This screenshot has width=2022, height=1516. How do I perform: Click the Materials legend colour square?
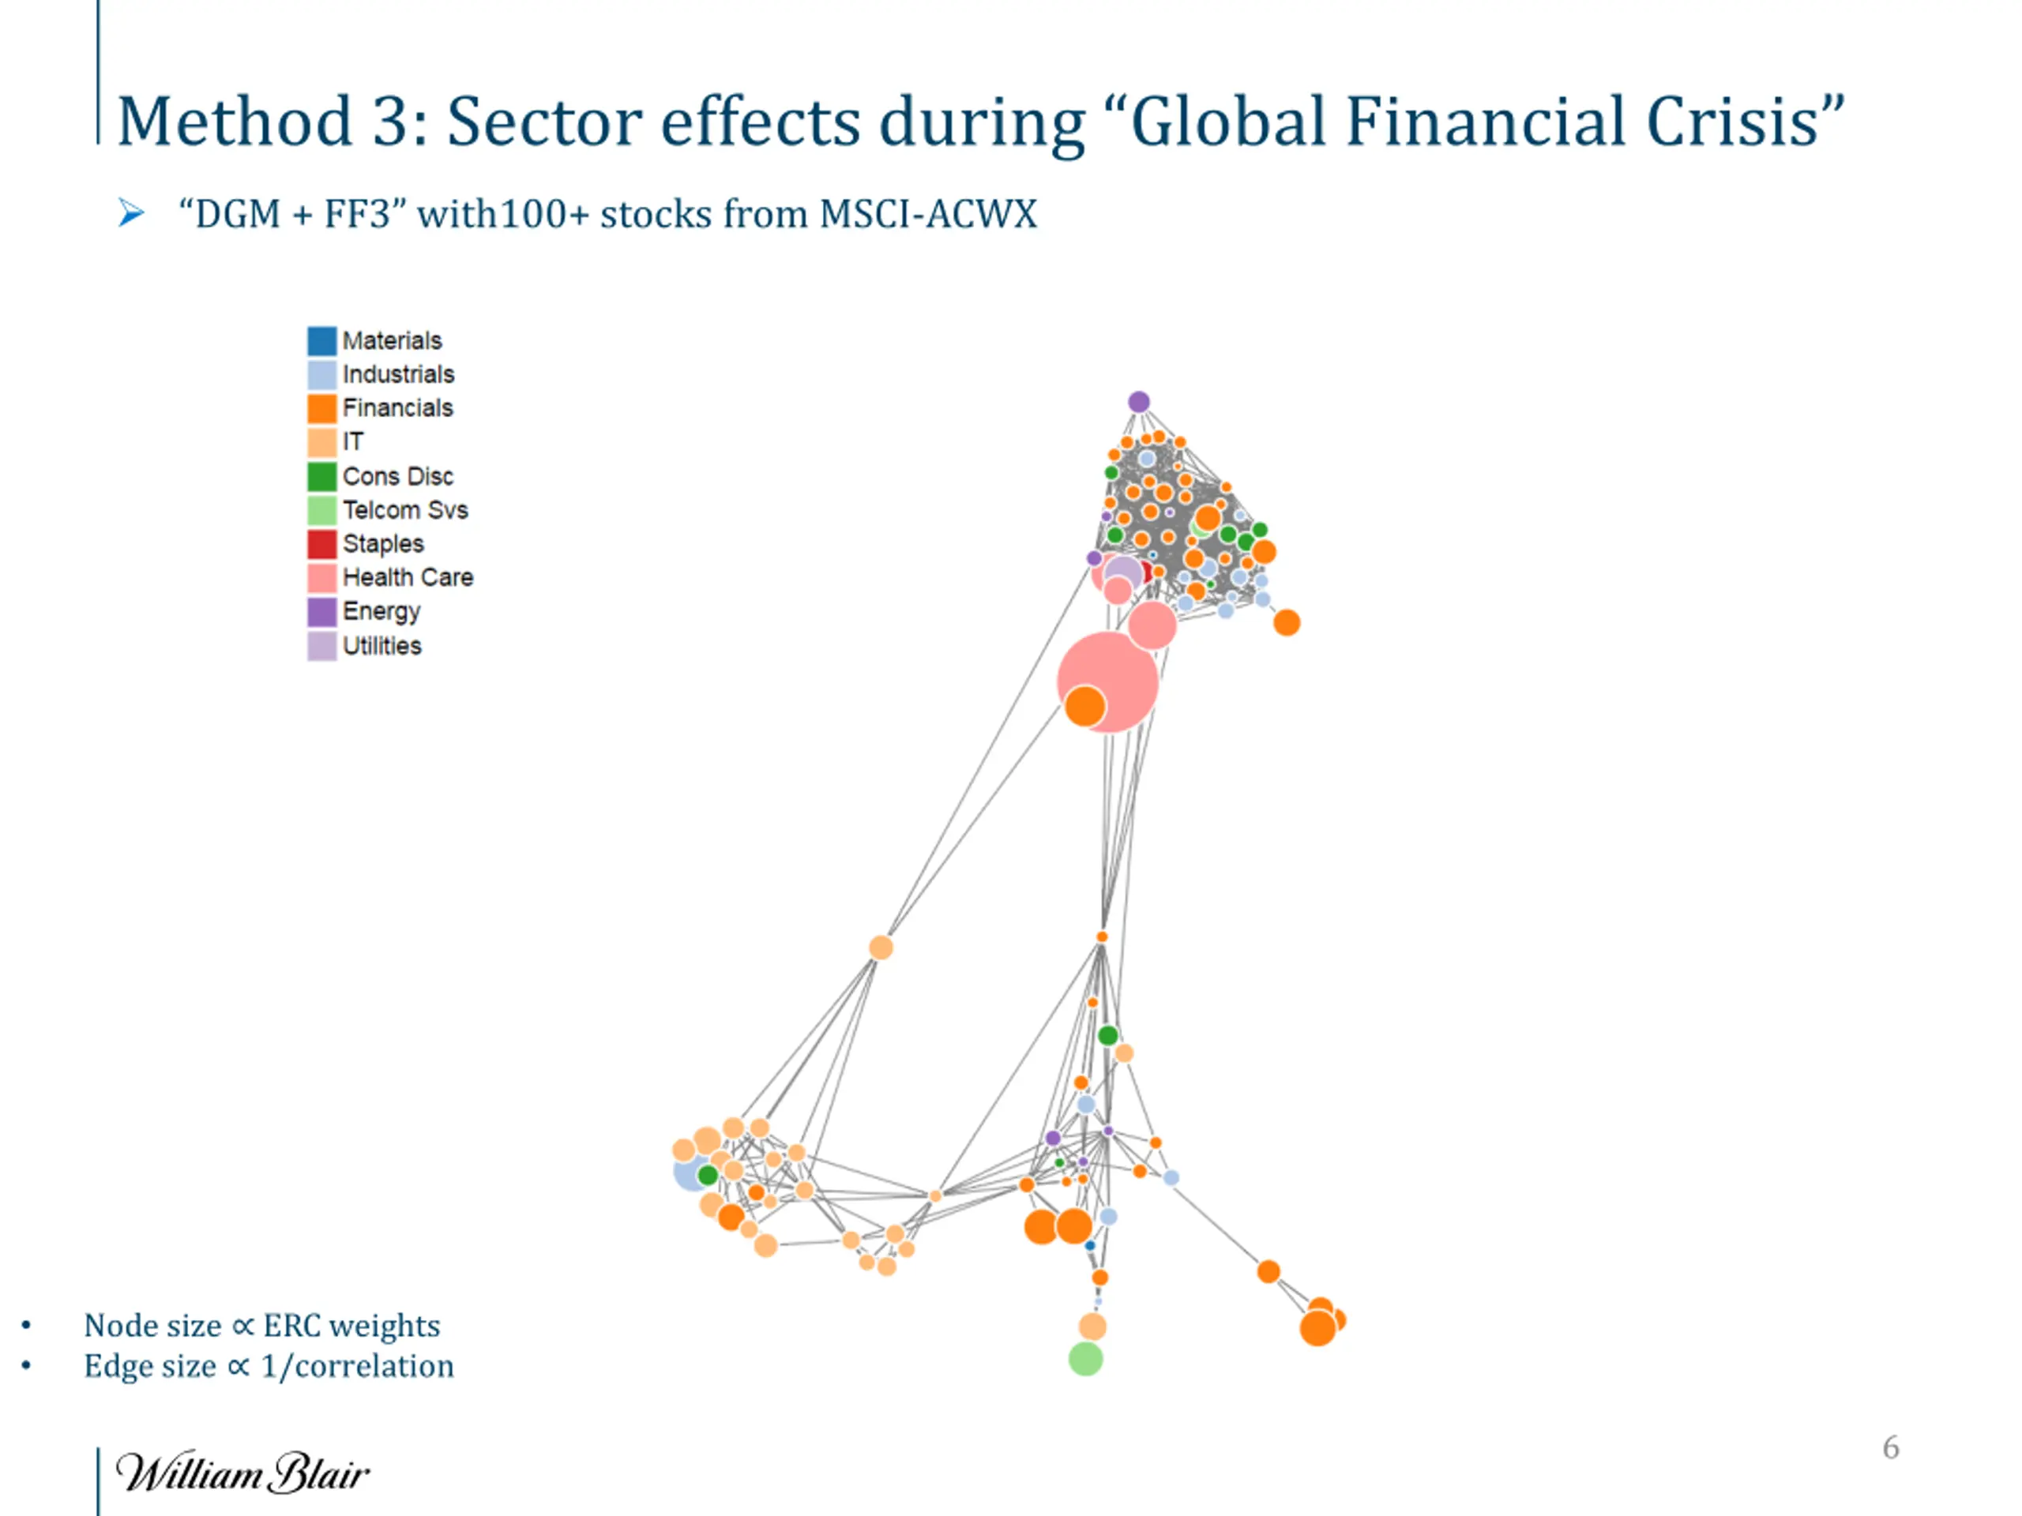(321, 341)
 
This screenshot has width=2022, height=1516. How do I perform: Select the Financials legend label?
(397, 408)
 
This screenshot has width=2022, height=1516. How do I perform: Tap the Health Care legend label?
(408, 577)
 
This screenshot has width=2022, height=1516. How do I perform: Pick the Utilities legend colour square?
(321, 646)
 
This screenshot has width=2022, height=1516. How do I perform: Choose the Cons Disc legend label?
(397, 476)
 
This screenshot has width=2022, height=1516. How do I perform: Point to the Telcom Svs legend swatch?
(321, 510)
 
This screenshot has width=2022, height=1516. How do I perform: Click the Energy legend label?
(381, 611)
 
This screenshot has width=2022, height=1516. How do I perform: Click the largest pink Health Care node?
(1109, 681)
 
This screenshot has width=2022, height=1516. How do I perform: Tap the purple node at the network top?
(1138, 402)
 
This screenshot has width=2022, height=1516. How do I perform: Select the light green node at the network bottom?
(1085, 1359)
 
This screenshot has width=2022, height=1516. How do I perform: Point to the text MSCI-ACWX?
(928, 215)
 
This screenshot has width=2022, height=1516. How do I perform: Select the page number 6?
(1890, 1447)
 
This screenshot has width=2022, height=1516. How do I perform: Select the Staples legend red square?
(321, 544)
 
